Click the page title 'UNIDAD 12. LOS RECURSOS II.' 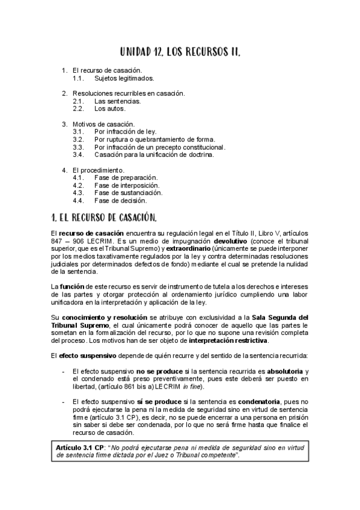(x=180, y=53)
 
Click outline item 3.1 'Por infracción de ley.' (x=125, y=131)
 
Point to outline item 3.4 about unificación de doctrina (x=154, y=155)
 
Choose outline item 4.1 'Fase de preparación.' (x=126, y=177)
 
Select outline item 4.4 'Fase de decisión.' (x=120, y=200)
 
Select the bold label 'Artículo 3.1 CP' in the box (x=81, y=448)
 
